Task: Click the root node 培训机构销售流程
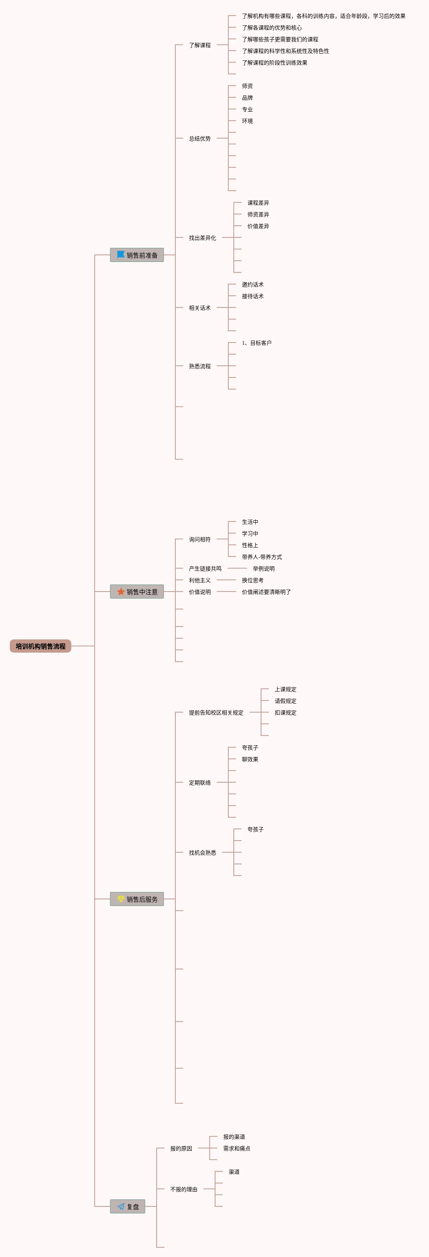pos(40,646)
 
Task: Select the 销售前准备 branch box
pos(137,255)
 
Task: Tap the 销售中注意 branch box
pos(137,592)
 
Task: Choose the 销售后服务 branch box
pos(137,899)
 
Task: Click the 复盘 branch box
pos(127,1206)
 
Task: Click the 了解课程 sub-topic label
pos(200,45)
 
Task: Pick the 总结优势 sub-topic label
pos(200,139)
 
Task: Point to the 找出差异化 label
pos(202,238)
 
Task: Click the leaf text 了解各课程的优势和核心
pos(272,28)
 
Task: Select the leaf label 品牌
pos(247,98)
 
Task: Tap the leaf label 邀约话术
pos(252,284)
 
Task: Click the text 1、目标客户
pos(256,343)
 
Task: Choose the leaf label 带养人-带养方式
pos(262,557)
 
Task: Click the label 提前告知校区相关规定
pos(216,713)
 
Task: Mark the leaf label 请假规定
pos(285,701)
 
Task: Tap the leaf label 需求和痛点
pos(237,1148)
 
